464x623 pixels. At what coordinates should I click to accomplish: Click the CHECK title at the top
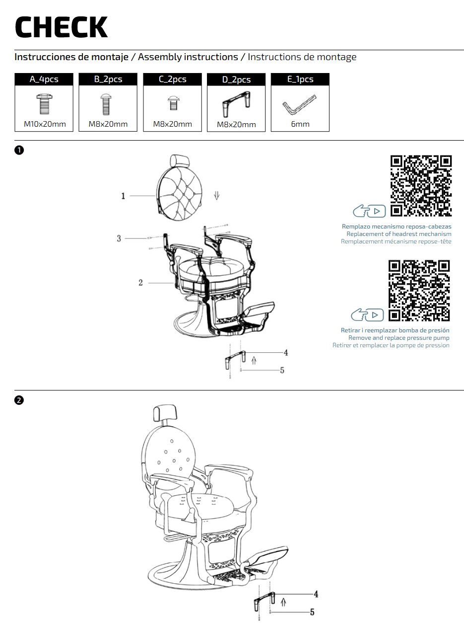(x=61, y=27)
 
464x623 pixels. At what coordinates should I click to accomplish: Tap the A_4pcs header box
(x=44, y=79)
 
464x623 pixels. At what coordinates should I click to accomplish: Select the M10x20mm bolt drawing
(x=44, y=104)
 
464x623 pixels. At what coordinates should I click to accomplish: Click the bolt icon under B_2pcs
(x=106, y=104)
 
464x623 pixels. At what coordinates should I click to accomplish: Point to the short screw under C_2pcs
(x=174, y=103)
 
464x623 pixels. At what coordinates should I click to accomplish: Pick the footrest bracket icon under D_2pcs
(x=236, y=104)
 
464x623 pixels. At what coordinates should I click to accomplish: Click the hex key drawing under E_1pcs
(x=300, y=104)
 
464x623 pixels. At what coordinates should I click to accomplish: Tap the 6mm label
(x=300, y=124)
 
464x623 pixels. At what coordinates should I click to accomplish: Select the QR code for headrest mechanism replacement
(x=421, y=186)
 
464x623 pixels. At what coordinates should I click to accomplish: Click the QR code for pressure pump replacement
(x=419, y=290)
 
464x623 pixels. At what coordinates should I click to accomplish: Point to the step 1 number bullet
(x=19, y=150)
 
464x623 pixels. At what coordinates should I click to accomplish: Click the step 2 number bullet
(x=19, y=400)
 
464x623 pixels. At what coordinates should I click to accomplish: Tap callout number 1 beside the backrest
(x=123, y=196)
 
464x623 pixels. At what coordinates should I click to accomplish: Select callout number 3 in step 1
(x=119, y=238)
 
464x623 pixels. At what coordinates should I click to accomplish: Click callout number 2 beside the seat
(x=140, y=283)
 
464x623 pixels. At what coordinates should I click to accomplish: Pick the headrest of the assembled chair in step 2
(x=165, y=413)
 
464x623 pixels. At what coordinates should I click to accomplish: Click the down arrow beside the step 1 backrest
(x=217, y=195)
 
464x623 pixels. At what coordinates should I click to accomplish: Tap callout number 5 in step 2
(x=312, y=612)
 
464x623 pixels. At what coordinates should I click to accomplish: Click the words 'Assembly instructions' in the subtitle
(x=188, y=57)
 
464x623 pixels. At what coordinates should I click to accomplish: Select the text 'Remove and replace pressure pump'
(x=399, y=338)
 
